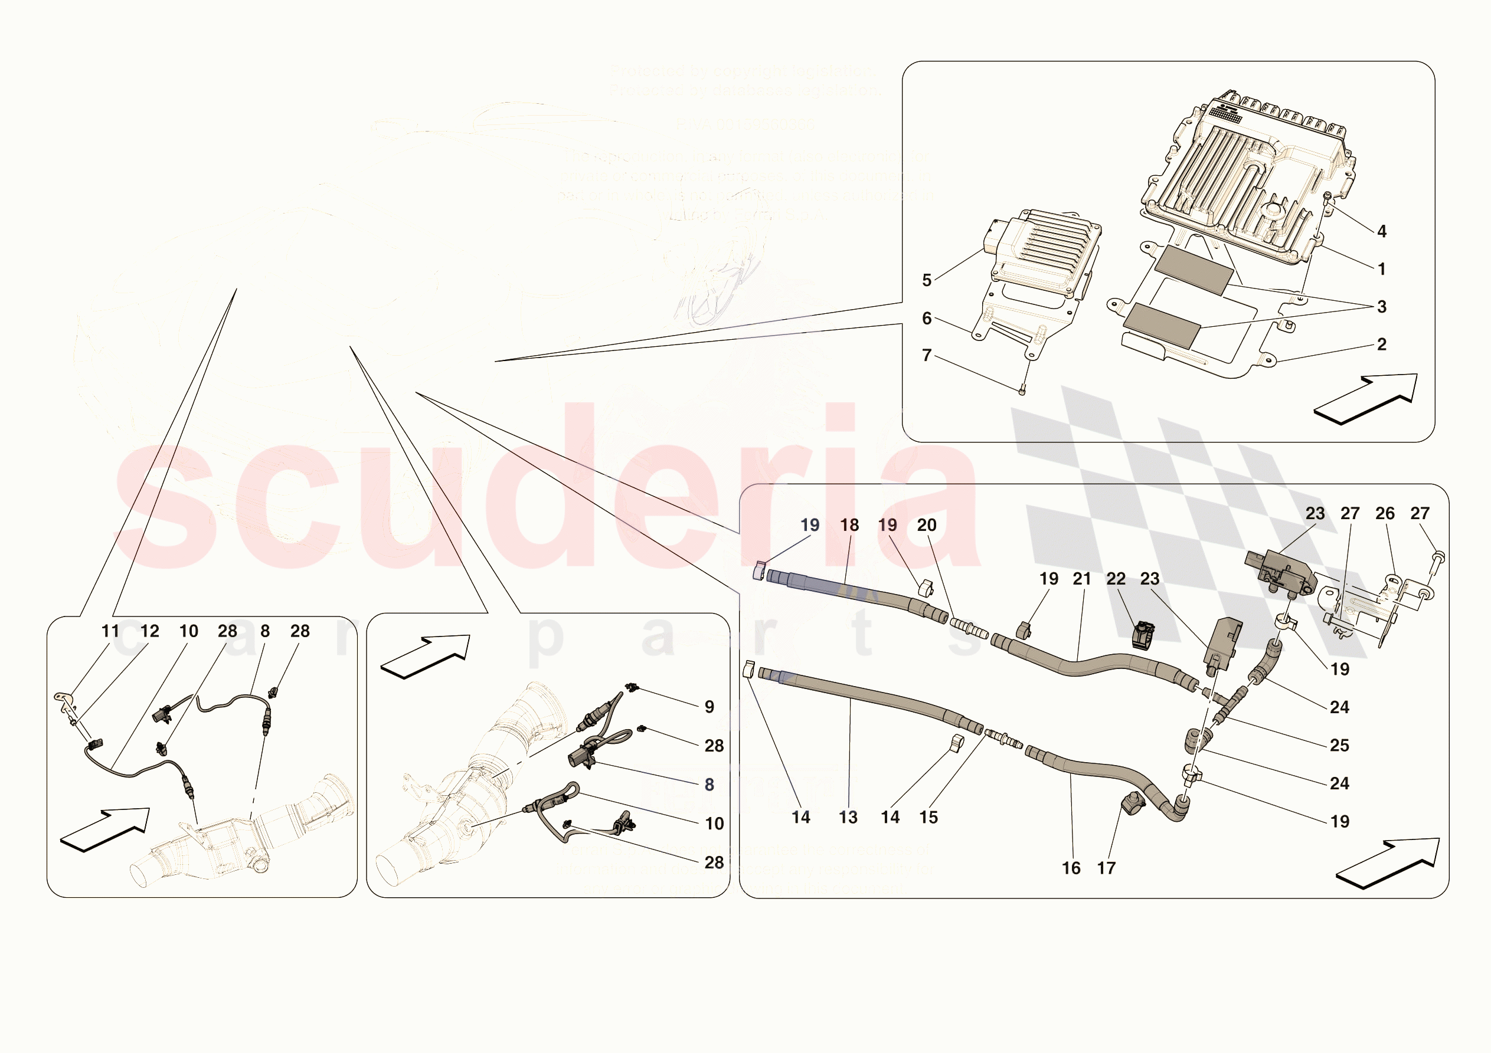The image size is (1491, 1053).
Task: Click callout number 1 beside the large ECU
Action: coord(1382,269)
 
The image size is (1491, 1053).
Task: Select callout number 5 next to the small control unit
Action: coord(927,280)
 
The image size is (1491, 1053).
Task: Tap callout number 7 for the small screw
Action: coord(927,355)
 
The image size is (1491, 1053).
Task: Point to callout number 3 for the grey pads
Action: coord(1382,306)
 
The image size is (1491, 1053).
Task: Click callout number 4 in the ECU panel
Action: coord(1382,231)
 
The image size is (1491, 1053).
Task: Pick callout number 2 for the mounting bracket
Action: coord(1382,344)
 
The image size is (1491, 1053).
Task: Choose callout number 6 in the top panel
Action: coord(927,318)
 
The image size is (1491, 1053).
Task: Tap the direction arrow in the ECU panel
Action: coord(1364,399)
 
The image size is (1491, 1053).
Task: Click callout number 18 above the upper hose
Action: coord(849,524)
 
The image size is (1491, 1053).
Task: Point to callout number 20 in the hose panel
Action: coord(927,524)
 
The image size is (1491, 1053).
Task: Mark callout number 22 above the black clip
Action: coord(1116,579)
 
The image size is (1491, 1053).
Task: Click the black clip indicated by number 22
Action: coord(1143,635)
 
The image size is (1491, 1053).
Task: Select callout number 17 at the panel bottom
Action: coord(1106,868)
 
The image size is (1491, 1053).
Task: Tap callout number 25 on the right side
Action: coord(1340,745)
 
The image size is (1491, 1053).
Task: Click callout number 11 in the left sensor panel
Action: coord(110,631)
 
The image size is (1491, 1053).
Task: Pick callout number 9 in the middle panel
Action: coord(709,706)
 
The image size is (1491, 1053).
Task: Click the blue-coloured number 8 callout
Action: coord(709,784)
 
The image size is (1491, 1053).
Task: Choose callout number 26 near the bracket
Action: coord(1385,513)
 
